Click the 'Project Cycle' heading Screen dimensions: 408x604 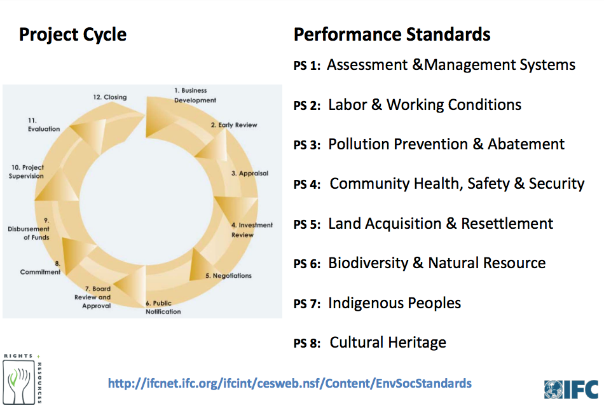pyautogui.click(x=72, y=34)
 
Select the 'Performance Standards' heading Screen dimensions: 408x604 pyautogui.click(x=392, y=34)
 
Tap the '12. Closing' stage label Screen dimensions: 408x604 pyautogui.click(x=109, y=97)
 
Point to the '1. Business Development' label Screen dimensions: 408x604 pyautogui.click(x=195, y=95)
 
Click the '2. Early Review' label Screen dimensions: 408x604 pyautogui.click(x=234, y=125)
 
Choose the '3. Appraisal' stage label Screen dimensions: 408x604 pyautogui.click(x=249, y=173)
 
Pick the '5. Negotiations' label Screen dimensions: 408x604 pyautogui.click(x=228, y=276)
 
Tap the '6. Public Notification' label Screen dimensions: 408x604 pyautogui.click(x=163, y=308)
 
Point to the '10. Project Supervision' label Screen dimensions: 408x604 pyautogui.click(x=27, y=172)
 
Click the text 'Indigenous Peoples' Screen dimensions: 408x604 pyautogui.click(x=394, y=303)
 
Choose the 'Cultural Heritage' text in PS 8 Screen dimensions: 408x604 pyautogui.click(x=388, y=343)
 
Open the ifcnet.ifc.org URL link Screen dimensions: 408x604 pyautogui.click(x=289, y=383)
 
